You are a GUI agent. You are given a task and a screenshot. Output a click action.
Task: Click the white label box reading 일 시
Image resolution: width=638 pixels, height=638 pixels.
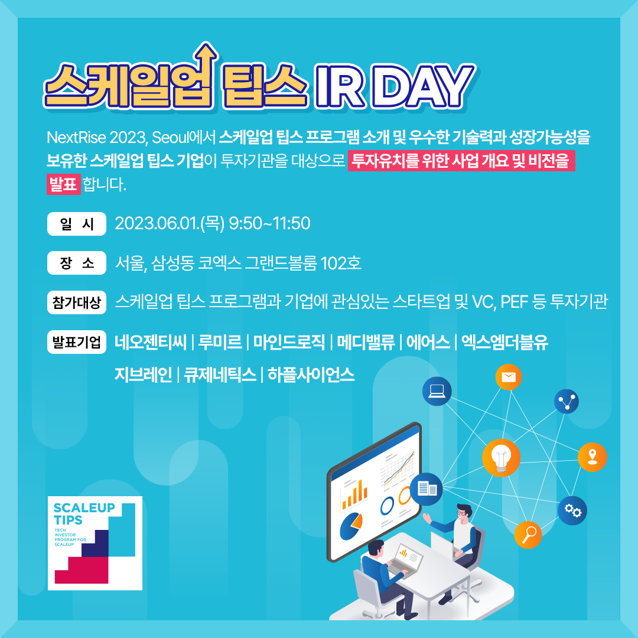pos(76,224)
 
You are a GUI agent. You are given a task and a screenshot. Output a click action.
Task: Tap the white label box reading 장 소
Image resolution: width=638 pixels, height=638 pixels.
pos(76,263)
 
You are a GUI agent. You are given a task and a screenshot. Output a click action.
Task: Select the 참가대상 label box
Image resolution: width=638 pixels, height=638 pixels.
pos(76,302)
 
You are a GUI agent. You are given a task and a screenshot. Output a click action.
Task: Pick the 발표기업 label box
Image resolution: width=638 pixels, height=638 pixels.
pos(76,342)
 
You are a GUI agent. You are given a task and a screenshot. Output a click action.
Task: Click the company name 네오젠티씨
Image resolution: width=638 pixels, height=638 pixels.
pos(151,342)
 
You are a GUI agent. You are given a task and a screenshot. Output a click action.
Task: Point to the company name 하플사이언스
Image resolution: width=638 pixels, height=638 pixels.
pos(311,375)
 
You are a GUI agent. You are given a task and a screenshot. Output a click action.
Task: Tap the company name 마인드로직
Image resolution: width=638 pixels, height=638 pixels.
pos(289,342)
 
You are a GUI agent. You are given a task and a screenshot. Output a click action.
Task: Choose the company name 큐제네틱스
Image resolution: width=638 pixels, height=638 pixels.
pos(220,375)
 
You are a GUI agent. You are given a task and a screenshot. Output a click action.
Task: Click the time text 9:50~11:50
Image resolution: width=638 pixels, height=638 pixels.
pos(270,223)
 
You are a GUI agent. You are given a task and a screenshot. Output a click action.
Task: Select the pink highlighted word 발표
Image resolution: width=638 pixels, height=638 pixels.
pos(63,184)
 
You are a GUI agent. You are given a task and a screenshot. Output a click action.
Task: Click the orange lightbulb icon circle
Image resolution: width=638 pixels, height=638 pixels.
pos(501,458)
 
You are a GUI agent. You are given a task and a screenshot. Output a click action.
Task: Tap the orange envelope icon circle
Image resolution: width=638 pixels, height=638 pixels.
pos(509,377)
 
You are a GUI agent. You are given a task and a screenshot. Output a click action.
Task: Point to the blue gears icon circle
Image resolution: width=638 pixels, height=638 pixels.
pos(572,510)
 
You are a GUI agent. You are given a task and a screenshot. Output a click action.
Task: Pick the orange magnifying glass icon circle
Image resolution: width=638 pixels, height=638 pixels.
pos(528,535)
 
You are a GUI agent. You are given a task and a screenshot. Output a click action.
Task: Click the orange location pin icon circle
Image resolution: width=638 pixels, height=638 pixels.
pos(593,457)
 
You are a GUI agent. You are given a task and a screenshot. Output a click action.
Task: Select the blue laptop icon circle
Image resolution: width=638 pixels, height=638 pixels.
pos(437,391)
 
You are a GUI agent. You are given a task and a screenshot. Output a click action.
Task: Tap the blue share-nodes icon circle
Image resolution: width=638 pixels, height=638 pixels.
pos(567,401)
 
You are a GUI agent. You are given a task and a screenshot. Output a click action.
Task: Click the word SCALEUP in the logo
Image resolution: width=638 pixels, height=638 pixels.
pos(84,508)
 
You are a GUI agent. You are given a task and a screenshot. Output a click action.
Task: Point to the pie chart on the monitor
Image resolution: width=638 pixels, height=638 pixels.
pos(351,526)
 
